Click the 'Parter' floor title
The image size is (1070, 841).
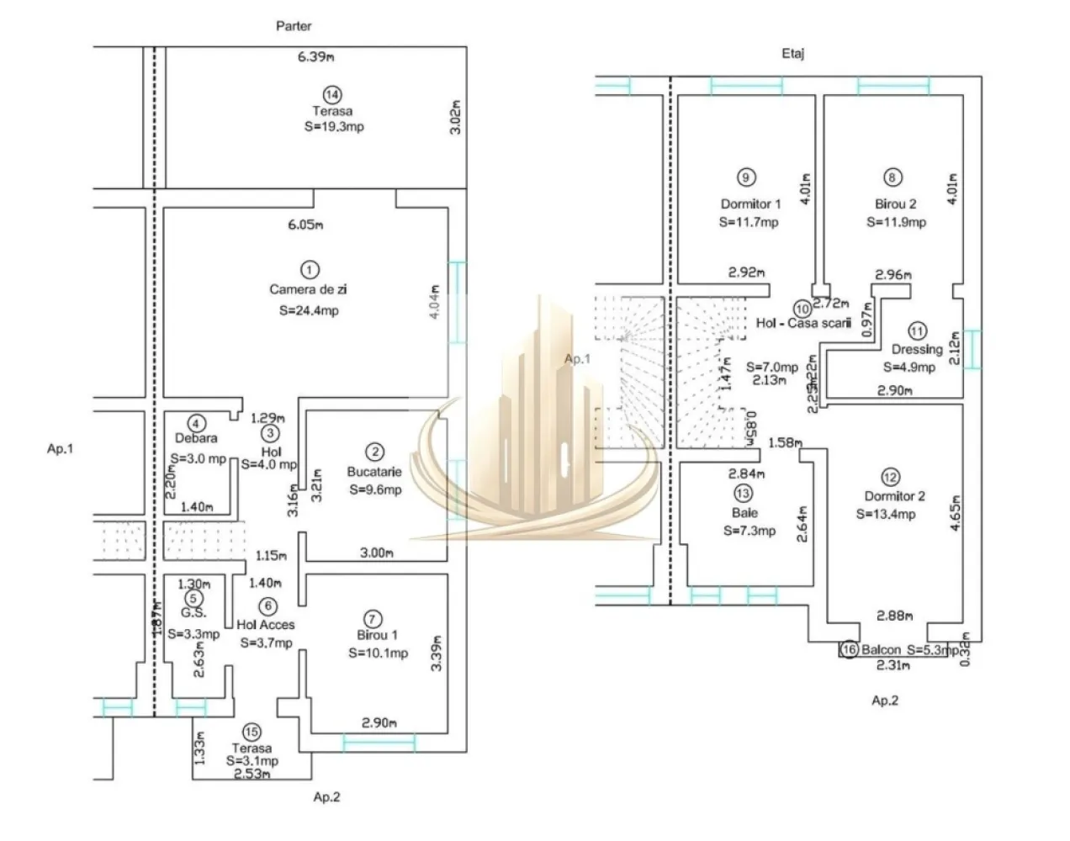(x=294, y=26)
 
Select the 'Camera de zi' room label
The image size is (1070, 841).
(x=308, y=289)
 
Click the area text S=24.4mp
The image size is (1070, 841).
(x=309, y=310)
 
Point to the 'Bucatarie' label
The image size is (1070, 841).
(x=374, y=472)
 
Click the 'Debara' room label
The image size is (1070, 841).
(x=196, y=438)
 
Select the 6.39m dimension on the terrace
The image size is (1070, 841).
(x=316, y=57)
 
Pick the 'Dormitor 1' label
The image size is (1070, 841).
(x=750, y=204)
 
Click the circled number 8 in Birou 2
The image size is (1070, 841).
(x=893, y=177)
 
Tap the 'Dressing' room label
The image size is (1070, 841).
(x=917, y=349)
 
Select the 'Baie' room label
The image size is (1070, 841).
(x=744, y=512)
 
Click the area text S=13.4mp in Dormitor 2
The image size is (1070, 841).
(x=886, y=514)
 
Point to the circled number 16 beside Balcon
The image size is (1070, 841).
(x=849, y=649)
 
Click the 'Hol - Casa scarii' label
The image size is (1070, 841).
(x=803, y=322)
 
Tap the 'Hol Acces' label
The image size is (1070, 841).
(x=265, y=625)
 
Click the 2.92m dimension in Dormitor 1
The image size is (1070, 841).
(x=746, y=272)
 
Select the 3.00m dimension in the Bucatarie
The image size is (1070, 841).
(x=376, y=553)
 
